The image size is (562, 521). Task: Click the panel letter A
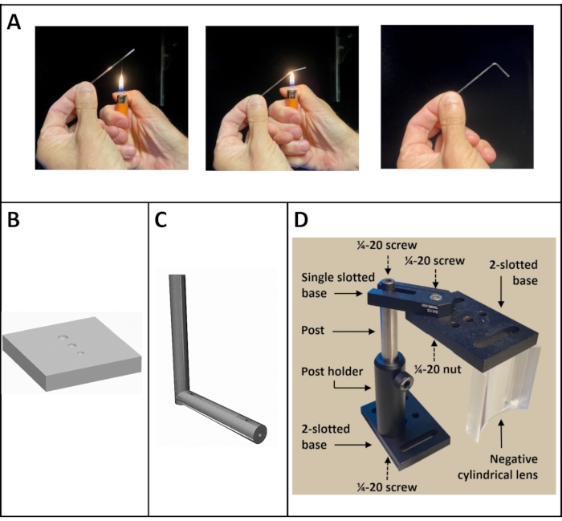pyautogui.click(x=14, y=22)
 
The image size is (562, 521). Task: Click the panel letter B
pyautogui.click(x=14, y=220)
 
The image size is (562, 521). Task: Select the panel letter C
pyautogui.click(x=161, y=220)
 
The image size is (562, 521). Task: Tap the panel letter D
pyautogui.click(x=301, y=220)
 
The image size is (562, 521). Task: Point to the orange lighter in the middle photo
pyautogui.click(x=292, y=99)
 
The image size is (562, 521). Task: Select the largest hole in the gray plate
pyautogui.click(x=63, y=337)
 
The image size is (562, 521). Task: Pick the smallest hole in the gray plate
pyautogui.click(x=81, y=353)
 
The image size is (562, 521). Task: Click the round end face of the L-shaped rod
pyautogui.click(x=260, y=435)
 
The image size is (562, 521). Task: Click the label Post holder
pyautogui.click(x=332, y=372)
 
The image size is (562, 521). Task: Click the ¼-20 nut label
pyautogui.click(x=438, y=369)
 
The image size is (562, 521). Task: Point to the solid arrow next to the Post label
pyautogui.click(x=354, y=332)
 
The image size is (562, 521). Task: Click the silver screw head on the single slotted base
pyautogui.click(x=435, y=297)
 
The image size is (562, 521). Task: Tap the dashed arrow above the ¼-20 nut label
pyautogui.click(x=435, y=351)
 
